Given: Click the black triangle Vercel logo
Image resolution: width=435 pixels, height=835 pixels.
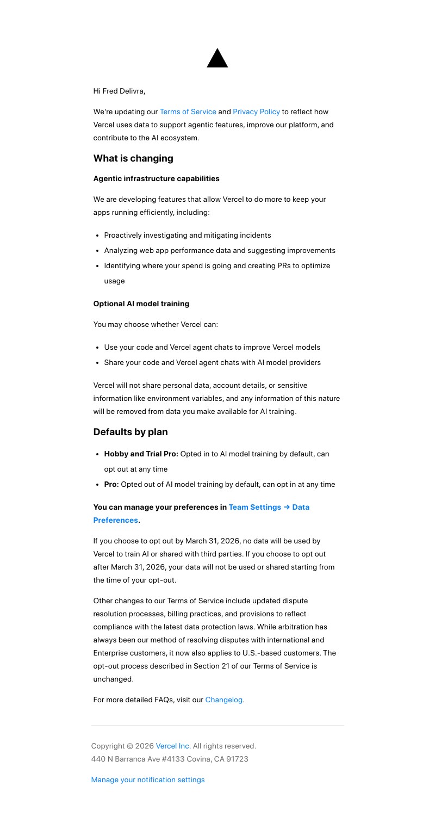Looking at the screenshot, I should tap(217, 59).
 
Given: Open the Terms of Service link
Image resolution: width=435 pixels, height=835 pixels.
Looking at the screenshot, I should tap(188, 112).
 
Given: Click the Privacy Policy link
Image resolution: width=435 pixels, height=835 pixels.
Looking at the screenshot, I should tap(256, 112).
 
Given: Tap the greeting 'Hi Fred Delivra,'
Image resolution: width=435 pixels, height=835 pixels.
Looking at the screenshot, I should tap(119, 91).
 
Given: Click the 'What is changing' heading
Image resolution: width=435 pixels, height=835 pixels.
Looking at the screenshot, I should tap(133, 158).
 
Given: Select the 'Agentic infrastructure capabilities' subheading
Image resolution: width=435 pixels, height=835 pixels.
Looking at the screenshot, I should tap(156, 178).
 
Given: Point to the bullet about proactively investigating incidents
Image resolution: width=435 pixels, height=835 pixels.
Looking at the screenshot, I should tap(187, 235).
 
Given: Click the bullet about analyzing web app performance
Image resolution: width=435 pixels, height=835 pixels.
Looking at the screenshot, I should tap(220, 250).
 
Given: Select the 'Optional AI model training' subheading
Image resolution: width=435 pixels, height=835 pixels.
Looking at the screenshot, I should tap(141, 304).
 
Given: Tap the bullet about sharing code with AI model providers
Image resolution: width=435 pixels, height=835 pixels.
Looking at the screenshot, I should tap(212, 362).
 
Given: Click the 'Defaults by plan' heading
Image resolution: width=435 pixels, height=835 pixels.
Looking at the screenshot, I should tap(130, 432).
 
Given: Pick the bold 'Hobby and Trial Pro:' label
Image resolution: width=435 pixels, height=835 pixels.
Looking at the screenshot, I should tap(141, 454).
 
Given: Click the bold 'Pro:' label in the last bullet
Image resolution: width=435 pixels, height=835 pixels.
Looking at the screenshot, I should tap(111, 484).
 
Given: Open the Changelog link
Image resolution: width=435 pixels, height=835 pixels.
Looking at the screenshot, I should tap(223, 700).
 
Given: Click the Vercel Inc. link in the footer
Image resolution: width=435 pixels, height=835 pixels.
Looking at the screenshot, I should tap(173, 746).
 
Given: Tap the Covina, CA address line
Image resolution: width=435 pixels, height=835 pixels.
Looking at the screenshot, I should tap(170, 759).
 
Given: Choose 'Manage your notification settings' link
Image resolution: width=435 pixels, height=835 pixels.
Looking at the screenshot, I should tap(148, 780).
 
